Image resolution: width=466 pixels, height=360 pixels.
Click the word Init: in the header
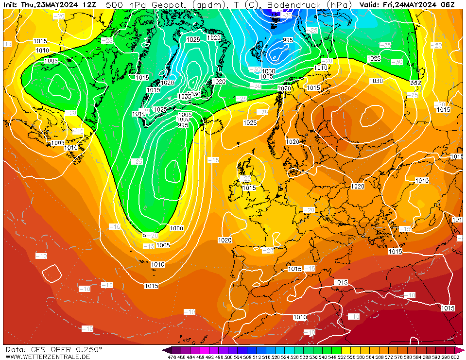pyautogui.click(x=11, y=5)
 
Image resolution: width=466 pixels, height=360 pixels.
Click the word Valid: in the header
pyautogui.click(x=370, y=5)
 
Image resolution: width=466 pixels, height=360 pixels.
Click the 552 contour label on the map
pyautogui.click(x=415, y=83)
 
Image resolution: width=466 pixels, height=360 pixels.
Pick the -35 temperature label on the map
pyautogui.click(x=385, y=45)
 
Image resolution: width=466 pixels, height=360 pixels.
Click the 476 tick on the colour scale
pyautogui.click(x=172, y=357)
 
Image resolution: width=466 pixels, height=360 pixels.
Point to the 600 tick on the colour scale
pyautogui.click(x=455, y=357)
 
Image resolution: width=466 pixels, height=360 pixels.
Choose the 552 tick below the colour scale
pyautogui.click(x=342, y=357)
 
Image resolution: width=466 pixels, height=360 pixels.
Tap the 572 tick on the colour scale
pyautogui.click(x=389, y=357)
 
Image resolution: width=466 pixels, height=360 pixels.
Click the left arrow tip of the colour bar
pyautogui.click(x=164, y=350)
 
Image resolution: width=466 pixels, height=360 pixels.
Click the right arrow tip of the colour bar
pyautogui.click(x=463, y=350)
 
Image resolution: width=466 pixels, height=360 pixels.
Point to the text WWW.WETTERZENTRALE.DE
pyautogui.click(x=48, y=357)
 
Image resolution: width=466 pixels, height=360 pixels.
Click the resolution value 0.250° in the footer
pyautogui.click(x=88, y=349)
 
